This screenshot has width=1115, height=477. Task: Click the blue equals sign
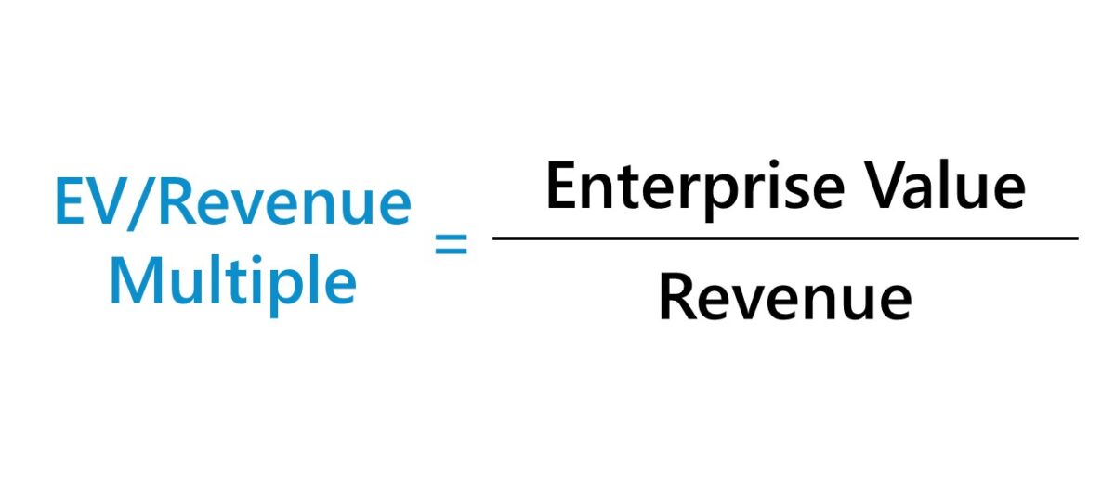coord(452,247)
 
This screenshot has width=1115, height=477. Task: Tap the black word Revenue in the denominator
coord(785,298)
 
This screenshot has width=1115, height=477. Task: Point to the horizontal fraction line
coord(785,238)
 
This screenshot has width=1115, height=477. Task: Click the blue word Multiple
coord(232,282)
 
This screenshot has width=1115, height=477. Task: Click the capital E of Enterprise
coord(560,187)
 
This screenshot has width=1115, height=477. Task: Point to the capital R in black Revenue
coord(676,298)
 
